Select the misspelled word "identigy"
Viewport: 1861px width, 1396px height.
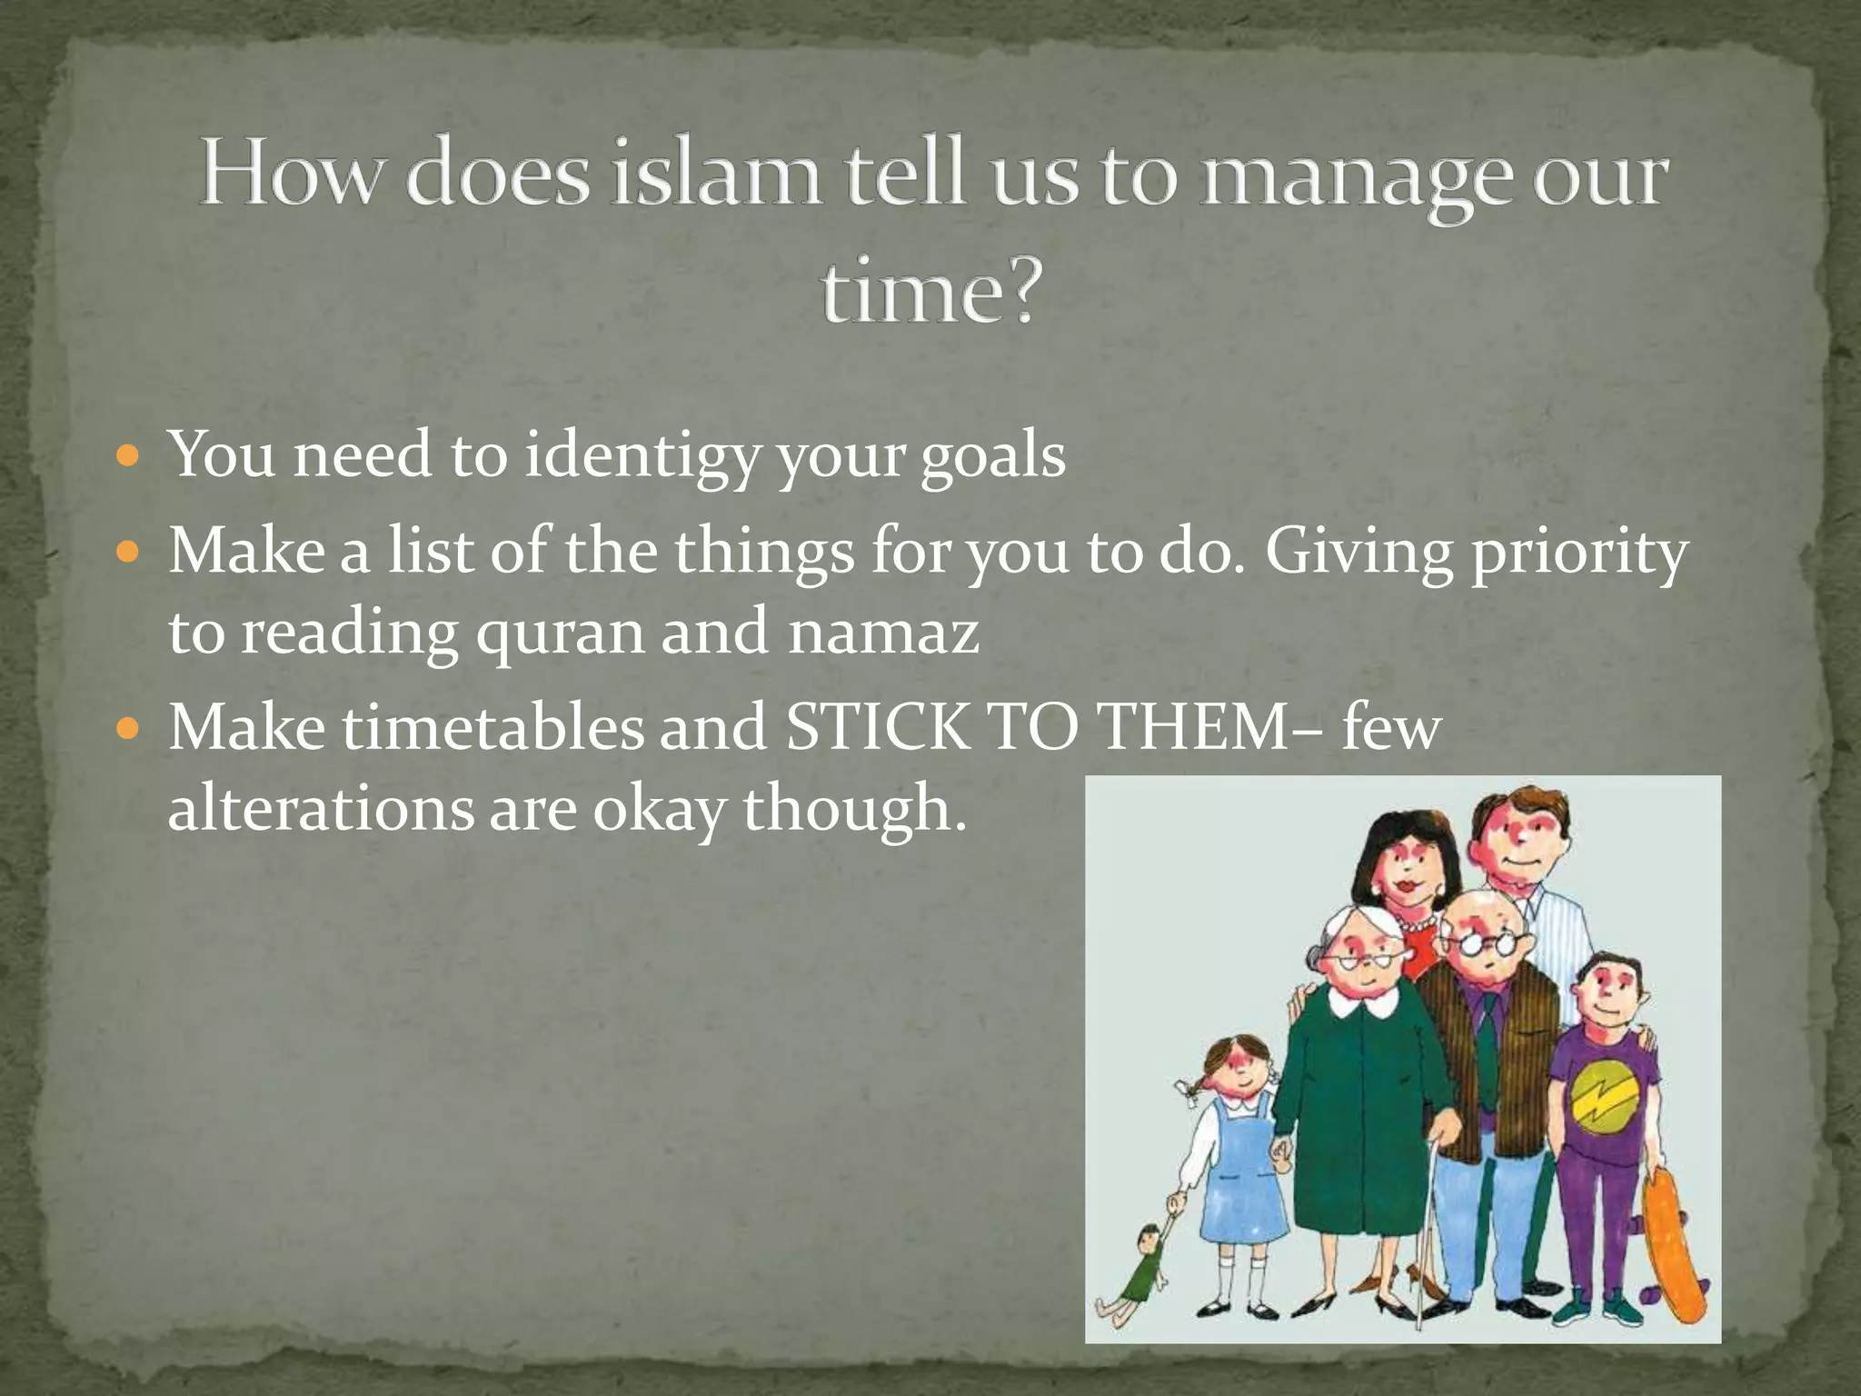click(x=642, y=455)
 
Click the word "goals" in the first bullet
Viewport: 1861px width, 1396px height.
click(x=992, y=455)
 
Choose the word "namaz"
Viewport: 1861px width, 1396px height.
click(x=883, y=633)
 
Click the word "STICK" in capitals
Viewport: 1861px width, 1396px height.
click(x=878, y=727)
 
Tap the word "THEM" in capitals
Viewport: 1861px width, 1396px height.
click(x=1191, y=727)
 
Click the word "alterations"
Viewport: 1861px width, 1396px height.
click(x=321, y=808)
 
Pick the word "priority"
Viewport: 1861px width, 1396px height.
click(x=1579, y=552)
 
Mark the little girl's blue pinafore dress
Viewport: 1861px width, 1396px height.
click(x=1239, y=1182)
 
